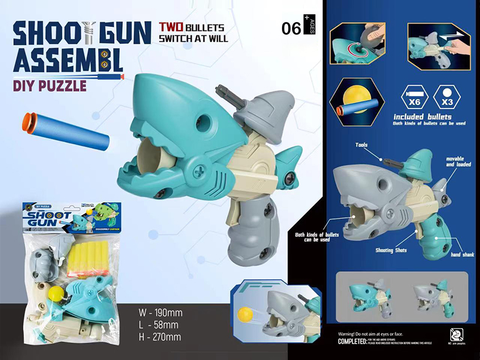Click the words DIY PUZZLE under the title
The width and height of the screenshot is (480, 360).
click(x=49, y=86)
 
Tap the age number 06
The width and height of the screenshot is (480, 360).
click(x=292, y=28)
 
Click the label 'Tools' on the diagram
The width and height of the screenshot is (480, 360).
click(x=361, y=145)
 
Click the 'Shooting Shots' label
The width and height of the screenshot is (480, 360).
click(x=393, y=250)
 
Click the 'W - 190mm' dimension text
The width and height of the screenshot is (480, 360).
click(x=160, y=313)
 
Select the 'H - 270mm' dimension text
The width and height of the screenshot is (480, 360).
click(x=160, y=337)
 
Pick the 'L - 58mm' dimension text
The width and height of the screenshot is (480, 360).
click(x=157, y=325)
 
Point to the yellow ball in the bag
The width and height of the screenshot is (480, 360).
click(x=56, y=293)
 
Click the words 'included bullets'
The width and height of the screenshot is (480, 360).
click(x=423, y=116)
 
